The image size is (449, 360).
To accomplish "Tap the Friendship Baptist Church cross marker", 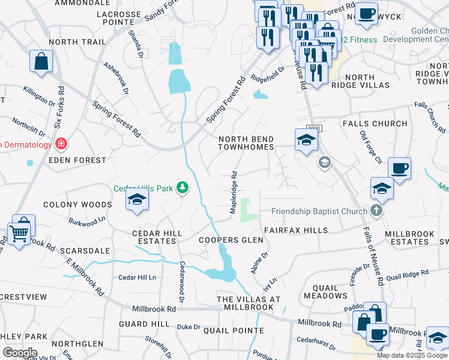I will [376, 211].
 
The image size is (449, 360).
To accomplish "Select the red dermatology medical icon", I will [61, 144].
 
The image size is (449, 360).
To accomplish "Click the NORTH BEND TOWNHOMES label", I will [246, 142].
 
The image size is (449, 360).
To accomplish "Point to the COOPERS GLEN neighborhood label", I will [231, 240].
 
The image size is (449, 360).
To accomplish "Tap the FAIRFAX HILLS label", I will [296, 230].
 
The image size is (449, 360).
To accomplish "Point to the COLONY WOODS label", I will [86, 205].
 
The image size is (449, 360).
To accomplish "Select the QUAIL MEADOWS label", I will [325, 290].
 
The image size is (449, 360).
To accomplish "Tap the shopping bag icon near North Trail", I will [41, 61].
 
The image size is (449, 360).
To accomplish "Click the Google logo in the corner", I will [19, 352].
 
